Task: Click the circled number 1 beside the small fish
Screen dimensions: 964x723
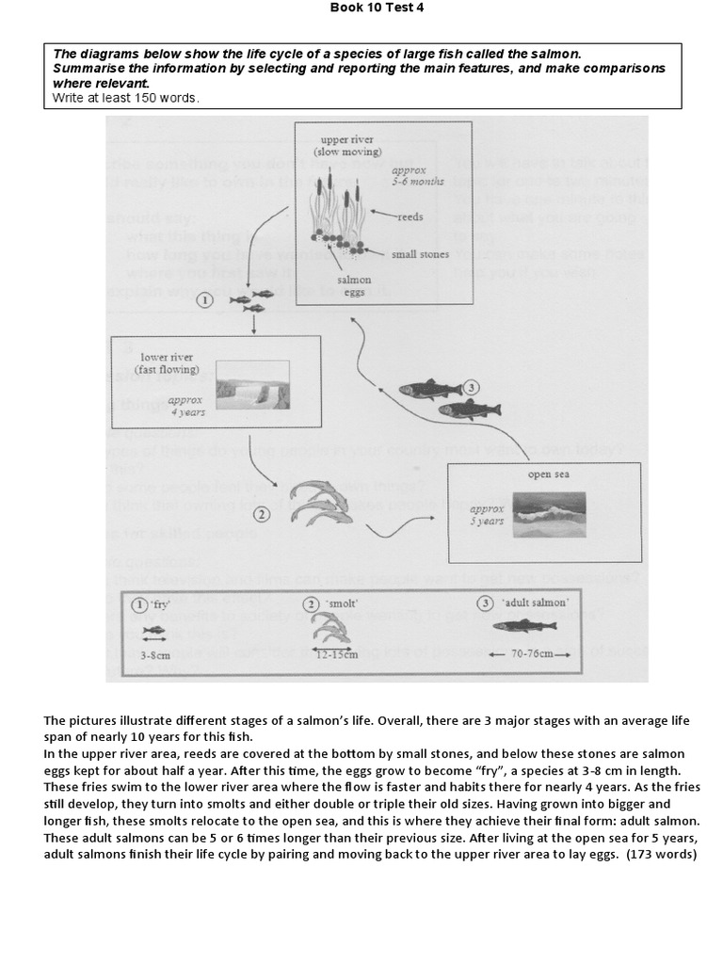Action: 203,300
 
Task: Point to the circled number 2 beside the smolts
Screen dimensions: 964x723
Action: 261,514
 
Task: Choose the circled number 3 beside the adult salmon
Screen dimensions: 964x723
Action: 473,386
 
